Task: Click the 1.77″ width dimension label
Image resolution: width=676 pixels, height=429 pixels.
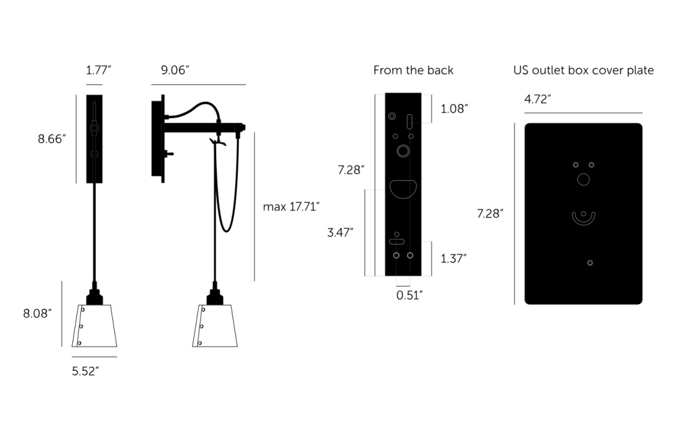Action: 98,70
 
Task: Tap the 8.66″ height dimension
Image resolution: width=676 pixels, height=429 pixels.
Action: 52,138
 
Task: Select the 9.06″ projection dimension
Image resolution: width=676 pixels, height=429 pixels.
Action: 175,70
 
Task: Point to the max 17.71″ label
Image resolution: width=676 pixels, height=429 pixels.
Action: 291,207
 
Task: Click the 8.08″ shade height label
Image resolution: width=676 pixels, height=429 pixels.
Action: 37,313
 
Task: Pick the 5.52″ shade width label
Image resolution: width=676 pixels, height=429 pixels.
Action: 85,371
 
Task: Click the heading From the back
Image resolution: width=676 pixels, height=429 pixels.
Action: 414,70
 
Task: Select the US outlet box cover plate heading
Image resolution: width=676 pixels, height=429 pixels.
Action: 583,70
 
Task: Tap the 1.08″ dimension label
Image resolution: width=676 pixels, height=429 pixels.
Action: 454,109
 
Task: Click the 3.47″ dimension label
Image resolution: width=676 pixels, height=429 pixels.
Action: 340,232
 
